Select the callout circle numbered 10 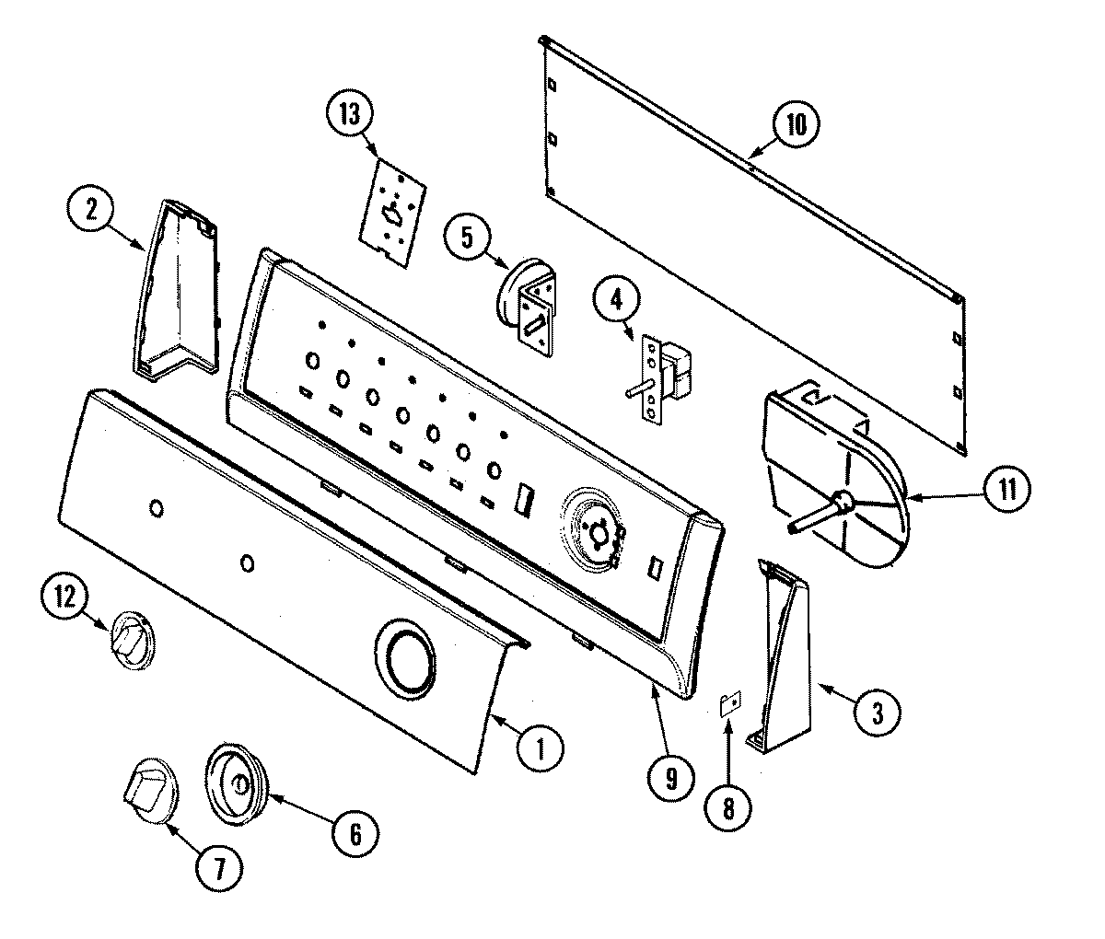tap(795, 124)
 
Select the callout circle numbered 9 tap(669, 779)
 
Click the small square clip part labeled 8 tap(729, 705)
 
